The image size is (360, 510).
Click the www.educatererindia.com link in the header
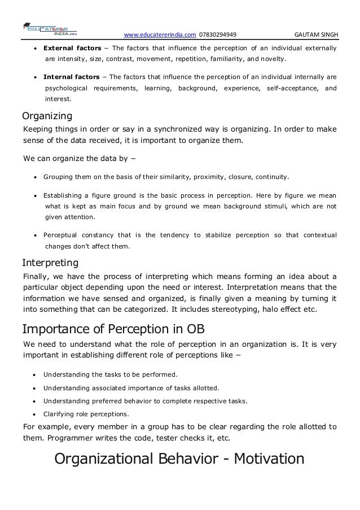[160, 33]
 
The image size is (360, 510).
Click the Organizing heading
[47, 117]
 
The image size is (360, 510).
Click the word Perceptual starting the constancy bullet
[64, 234]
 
